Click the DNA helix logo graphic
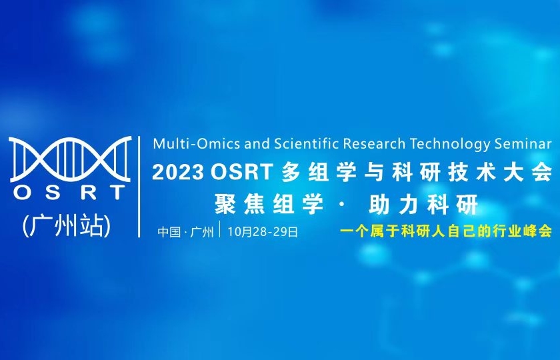(69, 159)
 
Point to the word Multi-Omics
(187, 143)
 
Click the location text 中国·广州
(185, 232)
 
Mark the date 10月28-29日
(262, 232)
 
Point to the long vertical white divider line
(139, 187)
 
